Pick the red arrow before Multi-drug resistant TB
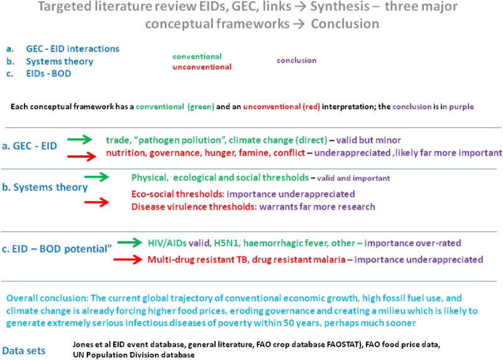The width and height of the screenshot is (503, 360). tap(131, 259)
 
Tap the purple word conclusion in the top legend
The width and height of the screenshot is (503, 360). tap(296, 60)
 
